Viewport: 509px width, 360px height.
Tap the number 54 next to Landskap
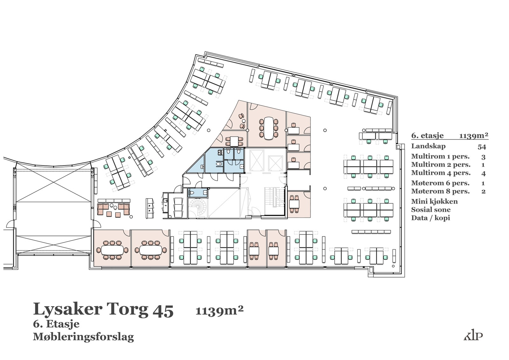pyautogui.click(x=482, y=147)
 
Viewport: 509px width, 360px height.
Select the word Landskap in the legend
pyautogui.click(x=428, y=146)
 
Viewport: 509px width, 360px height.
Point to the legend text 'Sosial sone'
pyautogui.click(x=431, y=210)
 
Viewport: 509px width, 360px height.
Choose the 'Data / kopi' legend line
pyautogui.click(x=431, y=218)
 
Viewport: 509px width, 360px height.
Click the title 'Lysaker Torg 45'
pyautogui.click(x=103, y=310)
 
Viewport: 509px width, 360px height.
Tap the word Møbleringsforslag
pyautogui.click(x=83, y=337)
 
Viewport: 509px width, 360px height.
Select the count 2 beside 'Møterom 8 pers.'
pyautogui.click(x=483, y=192)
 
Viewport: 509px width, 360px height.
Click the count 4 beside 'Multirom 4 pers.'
pyautogui.click(x=483, y=174)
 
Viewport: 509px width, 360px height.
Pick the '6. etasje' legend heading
pyautogui.click(x=428, y=136)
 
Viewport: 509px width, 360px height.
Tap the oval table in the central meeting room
pyautogui.click(x=268, y=128)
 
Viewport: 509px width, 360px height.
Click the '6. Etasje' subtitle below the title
pyautogui.click(x=56, y=324)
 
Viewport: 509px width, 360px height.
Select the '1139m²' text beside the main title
pyautogui.click(x=220, y=310)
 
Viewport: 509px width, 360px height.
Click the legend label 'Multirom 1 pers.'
pyautogui.click(x=440, y=157)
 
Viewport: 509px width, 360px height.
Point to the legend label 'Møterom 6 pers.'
pyautogui.click(x=440, y=183)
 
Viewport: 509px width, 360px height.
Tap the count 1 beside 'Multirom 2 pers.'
pyautogui.click(x=483, y=165)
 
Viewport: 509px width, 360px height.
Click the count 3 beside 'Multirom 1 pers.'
pyautogui.click(x=483, y=157)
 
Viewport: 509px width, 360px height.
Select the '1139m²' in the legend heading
pyautogui.click(x=474, y=136)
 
